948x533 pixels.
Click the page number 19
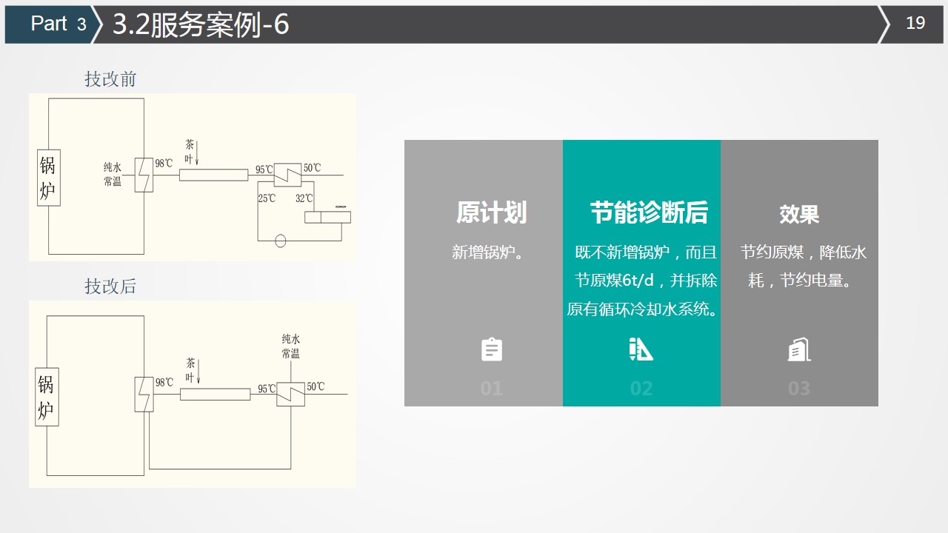[x=915, y=23]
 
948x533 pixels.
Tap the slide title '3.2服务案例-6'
[x=201, y=24]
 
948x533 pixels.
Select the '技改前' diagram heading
[x=110, y=79]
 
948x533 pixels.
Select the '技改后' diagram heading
[x=110, y=286]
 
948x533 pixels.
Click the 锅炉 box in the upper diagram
[x=49, y=178]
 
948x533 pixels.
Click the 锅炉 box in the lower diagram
[x=47, y=397]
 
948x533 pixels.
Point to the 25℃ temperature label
[x=267, y=198]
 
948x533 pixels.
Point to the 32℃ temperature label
[x=304, y=198]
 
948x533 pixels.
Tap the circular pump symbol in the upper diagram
[x=280, y=241]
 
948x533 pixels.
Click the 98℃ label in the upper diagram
[x=164, y=164]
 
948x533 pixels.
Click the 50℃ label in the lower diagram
[x=316, y=386]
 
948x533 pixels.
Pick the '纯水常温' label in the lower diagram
[x=291, y=346]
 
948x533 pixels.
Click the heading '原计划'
[x=491, y=212]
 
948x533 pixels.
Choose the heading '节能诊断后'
[x=649, y=212]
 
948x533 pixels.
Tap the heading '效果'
[x=799, y=214]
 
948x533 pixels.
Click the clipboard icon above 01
[x=492, y=349]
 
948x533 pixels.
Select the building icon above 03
[x=799, y=349]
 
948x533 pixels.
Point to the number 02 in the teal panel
[x=641, y=389]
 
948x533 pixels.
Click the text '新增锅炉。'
[x=487, y=252]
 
